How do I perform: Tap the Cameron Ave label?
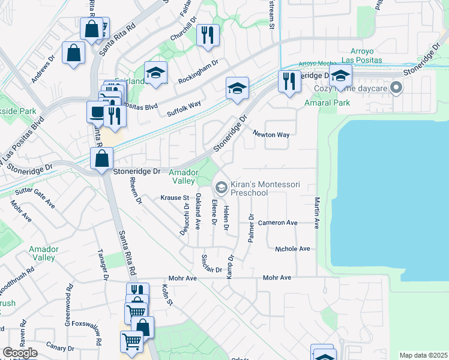[277, 223]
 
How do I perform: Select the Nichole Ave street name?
[292, 248]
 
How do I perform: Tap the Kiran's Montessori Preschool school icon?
[221, 188]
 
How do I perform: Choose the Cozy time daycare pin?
[396, 89]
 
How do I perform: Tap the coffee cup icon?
[96, 111]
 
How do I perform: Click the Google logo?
[20, 353]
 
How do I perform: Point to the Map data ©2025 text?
[423, 355]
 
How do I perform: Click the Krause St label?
[175, 197]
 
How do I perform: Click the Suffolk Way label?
[184, 108]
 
